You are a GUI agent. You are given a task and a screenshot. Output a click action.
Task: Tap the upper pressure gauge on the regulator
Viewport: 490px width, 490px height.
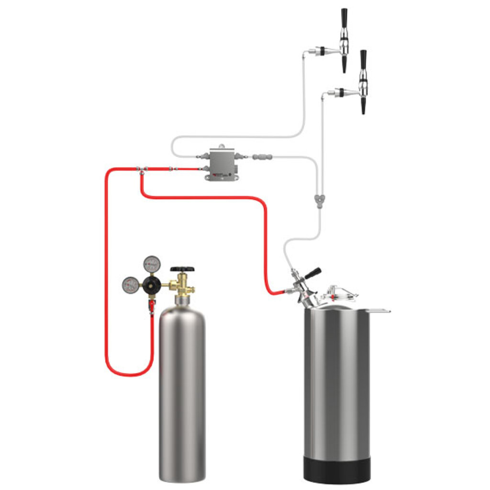pos(152,264)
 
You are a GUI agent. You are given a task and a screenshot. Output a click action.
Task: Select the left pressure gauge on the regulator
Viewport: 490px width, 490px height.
pos(130,285)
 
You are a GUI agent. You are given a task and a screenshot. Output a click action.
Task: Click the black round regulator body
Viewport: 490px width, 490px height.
pos(152,285)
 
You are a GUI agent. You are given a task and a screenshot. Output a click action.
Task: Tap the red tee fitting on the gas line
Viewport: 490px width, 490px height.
pos(142,170)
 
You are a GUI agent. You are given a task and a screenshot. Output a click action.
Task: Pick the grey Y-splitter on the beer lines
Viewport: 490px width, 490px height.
pos(317,198)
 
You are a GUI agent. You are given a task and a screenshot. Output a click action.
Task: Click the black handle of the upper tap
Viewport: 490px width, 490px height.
pos(344,18)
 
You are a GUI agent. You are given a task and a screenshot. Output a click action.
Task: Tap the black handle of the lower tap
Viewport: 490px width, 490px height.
pos(364,59)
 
